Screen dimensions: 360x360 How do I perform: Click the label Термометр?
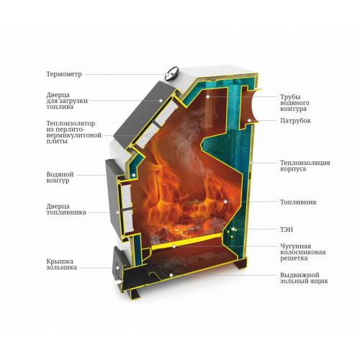(64, 74)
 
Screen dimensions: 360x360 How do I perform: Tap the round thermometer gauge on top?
(172, 73)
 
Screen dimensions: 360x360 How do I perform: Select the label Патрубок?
(295, 120)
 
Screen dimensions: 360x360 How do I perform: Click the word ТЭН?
(287, 230)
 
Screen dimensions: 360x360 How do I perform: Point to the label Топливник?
(298, 202)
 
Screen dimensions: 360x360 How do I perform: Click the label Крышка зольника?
(62, 264)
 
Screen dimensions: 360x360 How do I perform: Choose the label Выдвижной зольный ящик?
(304, 278)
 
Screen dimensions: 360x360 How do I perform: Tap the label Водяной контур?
(60, 178)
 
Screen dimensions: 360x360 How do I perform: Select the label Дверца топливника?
(66, 210)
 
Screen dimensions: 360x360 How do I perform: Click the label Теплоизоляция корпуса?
(305, 166)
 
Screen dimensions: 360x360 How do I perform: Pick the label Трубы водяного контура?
(294, 103)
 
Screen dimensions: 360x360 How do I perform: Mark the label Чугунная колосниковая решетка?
(303, 252)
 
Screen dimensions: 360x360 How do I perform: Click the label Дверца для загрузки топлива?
(67, 101)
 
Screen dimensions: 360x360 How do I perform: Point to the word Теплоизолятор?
(71, 124)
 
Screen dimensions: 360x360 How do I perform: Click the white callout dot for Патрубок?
(249, 120)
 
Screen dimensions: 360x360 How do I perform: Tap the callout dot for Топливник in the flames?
(225, 202)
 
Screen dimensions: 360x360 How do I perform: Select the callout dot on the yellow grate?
(174, 246)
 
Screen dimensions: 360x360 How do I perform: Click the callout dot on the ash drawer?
(171, 275)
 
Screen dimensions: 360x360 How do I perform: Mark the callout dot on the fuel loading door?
(161, 101)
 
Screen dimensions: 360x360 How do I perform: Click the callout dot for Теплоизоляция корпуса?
(251, 163)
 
